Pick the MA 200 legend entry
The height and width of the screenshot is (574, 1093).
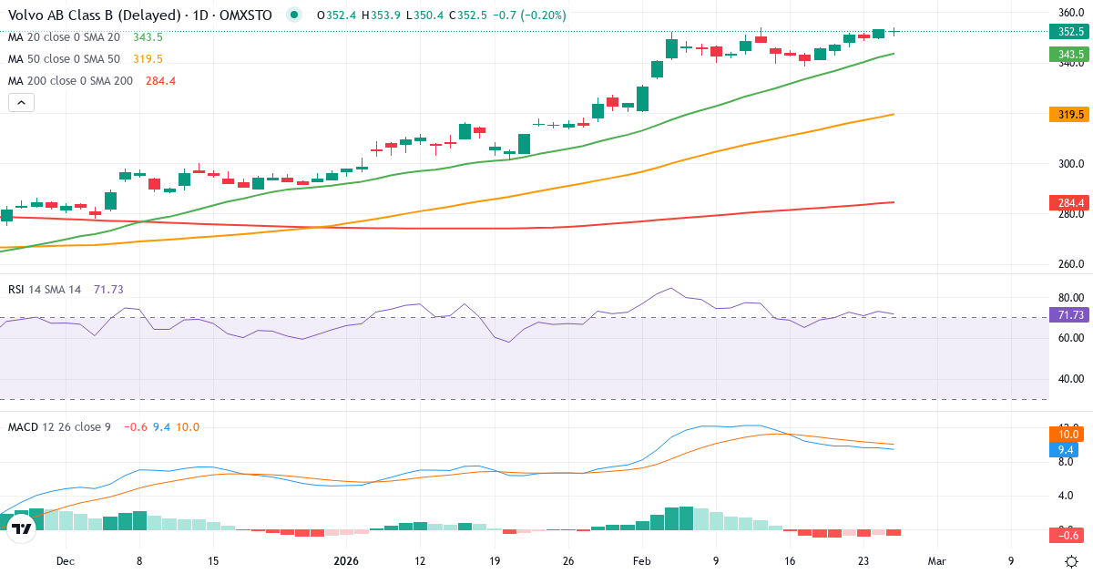[x=70, y=81]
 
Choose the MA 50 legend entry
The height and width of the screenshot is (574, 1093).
[x=64, y=59]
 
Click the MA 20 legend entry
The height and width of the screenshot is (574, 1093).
[x=64, y=37]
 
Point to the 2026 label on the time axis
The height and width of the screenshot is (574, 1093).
[x=346, y=561]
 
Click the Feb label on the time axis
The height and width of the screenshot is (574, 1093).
[x=641, y=561]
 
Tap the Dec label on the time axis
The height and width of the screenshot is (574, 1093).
[x=65, y=561]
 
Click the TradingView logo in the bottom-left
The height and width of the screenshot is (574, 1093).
[x=22, y=528]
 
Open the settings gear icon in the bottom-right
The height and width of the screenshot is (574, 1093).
[x=1072, y=561]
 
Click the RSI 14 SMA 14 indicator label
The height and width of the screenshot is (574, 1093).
[x=45, y=290]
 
